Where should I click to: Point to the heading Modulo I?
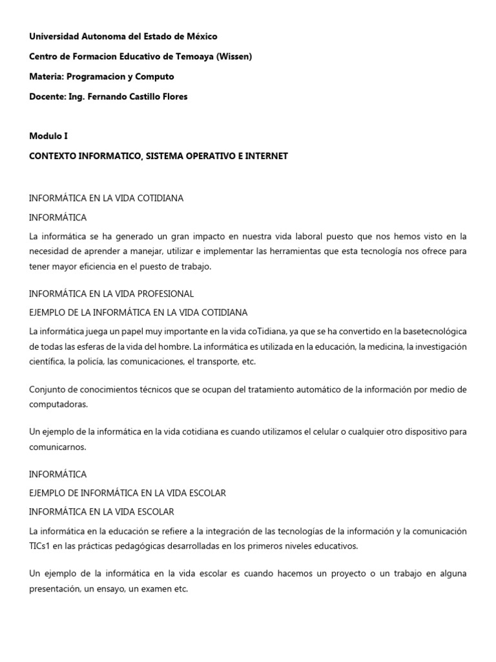click(48, 136)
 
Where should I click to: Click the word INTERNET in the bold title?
click(265, 156)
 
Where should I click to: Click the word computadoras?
click(59, 404)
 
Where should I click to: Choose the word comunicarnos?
click(58, 446)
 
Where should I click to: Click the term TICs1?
click(42, 546)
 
